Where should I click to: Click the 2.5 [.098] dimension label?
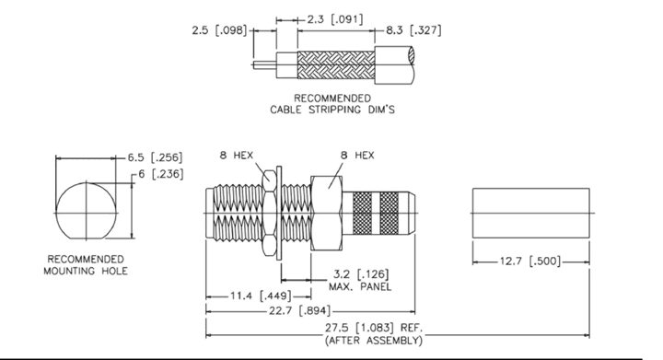[x=219, y=30]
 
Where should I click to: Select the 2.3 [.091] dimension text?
[x=334, y=19]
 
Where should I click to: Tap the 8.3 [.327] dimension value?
[x=413, y=30]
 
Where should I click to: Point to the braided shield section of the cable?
[x=336, y=65]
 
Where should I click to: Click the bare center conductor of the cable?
[x=264, y=65]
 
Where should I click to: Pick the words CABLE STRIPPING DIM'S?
[x=332, y=110]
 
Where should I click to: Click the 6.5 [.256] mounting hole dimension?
[x=156, y=157]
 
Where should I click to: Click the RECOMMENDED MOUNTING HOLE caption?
[x=86, y=265]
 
